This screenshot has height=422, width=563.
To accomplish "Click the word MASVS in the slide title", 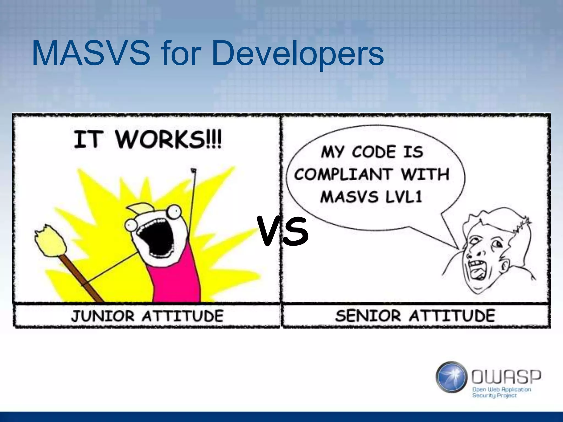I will [91, 53].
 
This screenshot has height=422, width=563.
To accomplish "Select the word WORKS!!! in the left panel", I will [168, 140].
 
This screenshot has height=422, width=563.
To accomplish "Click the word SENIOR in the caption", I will [368, 316].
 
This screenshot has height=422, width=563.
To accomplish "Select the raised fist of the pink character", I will [194, 171].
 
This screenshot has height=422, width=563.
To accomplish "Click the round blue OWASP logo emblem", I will [451, 377].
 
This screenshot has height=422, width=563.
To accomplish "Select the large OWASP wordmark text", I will [506, 377].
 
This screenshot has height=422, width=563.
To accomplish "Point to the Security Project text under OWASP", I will [494, 396].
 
